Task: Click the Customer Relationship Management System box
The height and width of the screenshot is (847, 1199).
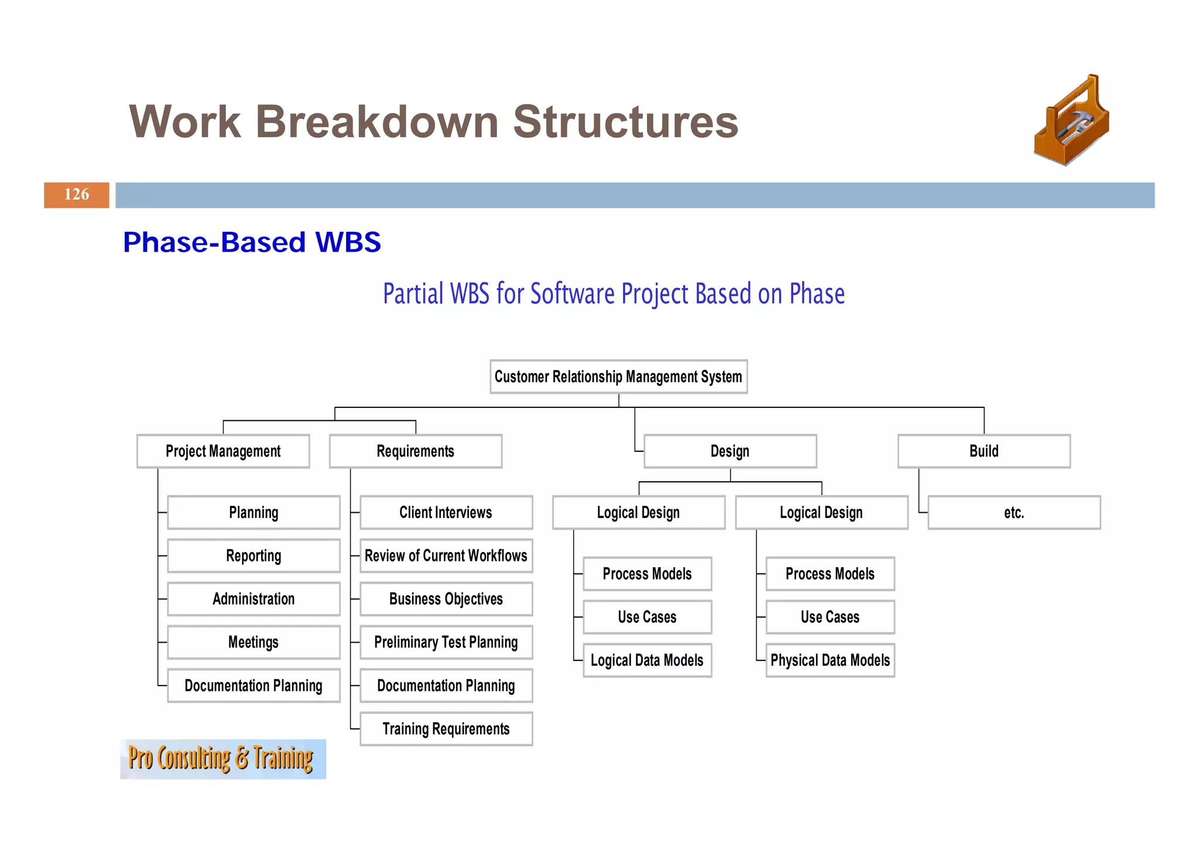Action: (x=618, y=376)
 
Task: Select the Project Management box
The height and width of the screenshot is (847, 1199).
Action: (x=223, y=451)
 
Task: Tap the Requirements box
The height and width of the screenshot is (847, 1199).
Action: (x=415, y=451)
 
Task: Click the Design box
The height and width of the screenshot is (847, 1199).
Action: (x=729, y=451)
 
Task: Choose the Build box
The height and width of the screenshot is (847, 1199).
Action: (x=984, y=451)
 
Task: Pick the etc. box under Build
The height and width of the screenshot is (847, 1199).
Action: (x=1014, y=513)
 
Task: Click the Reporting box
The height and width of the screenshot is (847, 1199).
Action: (x=253, y=555)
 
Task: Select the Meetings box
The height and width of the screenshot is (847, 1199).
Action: (x=253, y=642)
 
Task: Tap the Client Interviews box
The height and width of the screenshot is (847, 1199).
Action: (x=446, y=513)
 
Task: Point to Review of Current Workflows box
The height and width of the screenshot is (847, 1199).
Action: (x=446, y=555)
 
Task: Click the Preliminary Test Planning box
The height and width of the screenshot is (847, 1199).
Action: (x=446, y=642)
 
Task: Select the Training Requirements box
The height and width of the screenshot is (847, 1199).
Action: (x=446, y=729)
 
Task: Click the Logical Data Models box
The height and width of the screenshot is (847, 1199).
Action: (x=647, y=660)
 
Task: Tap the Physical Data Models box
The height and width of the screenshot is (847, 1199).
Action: (x=830, y=660)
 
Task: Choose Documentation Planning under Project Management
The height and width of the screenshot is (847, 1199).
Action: (x=253, y=685)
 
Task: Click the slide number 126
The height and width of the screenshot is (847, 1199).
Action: (x=77, y=195)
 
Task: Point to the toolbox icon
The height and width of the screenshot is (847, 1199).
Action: (x=1071, y=121)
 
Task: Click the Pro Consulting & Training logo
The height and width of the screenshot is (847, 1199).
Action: (x=222, y=759)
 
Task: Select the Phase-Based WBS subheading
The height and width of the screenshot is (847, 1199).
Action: (x=252, y=242)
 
